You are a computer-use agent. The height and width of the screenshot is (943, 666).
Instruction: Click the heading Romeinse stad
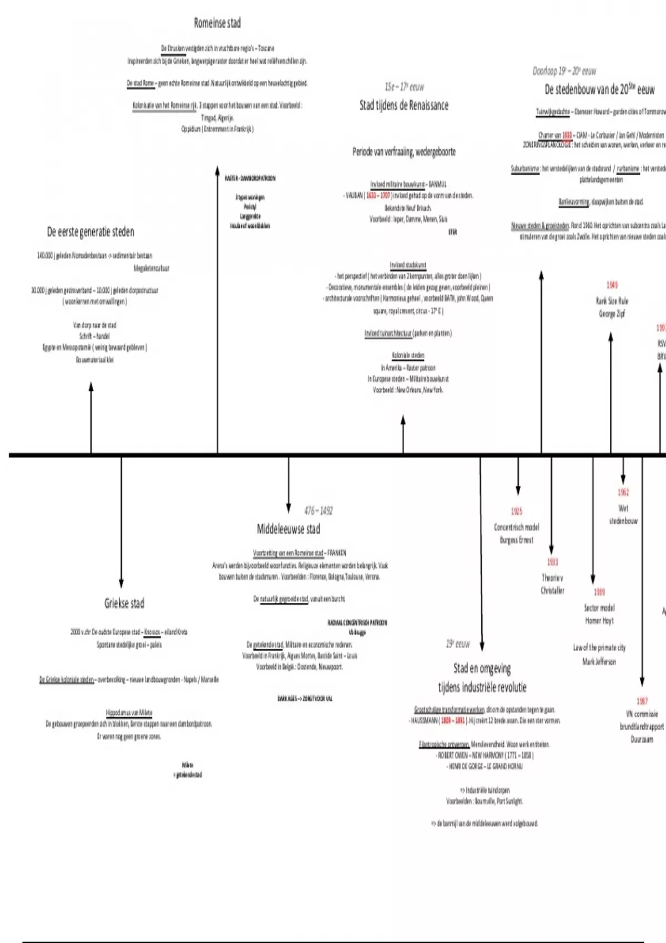(x=217, y=23)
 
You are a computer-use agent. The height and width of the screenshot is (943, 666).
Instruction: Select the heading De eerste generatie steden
(x=90, y=232)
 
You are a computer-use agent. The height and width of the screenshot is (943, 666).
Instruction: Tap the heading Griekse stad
(x=124, y=603)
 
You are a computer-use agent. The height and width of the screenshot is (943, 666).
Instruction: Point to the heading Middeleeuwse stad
(x=288, y=529)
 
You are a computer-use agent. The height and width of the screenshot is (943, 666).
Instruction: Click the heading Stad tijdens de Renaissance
(x=403, y=105)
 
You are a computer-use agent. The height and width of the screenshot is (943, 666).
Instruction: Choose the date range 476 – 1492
(x=318, y=510)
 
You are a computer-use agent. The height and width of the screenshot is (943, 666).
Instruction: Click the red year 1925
(x=517, y=511)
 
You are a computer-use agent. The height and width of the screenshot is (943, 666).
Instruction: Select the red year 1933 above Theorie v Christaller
(x=552, y=562)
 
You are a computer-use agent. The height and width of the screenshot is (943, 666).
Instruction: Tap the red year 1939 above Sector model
(x=599, y=592)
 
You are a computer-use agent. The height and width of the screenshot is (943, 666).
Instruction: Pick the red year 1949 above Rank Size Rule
(x=612, y=285)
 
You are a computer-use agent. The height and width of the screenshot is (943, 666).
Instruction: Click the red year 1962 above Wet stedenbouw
(x=623, y=492)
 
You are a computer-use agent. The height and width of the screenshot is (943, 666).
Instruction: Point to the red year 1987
(x=642, y=701)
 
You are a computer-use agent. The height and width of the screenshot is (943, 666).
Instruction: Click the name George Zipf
(x=612, y=314)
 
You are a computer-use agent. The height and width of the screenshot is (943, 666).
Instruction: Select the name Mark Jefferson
(x=599, y=661)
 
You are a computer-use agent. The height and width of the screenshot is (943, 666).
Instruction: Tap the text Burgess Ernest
(x=516, y=540)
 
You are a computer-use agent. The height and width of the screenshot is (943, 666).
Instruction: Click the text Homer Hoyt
(x=599, y=621)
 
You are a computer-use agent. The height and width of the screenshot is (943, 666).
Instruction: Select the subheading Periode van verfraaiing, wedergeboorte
(x=403, y=152)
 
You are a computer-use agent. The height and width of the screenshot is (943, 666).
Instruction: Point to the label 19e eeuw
(x=458, y=644)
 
